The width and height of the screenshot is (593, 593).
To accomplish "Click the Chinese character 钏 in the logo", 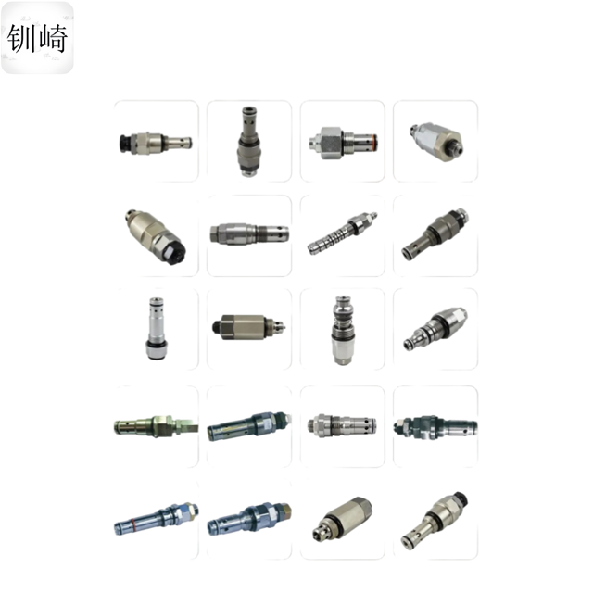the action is click(21, 38).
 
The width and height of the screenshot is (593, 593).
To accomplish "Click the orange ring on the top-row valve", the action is click(374, 141).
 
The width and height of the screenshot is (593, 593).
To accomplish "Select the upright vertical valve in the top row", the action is click(248, 141).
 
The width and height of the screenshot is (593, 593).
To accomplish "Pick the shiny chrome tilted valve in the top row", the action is click(436, 142).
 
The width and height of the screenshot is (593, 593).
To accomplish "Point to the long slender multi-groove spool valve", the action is click(342, 233).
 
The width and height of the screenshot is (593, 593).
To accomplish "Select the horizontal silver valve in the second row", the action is click(249, 233).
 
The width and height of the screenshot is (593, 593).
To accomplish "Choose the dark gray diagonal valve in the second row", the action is click(435, 234).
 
